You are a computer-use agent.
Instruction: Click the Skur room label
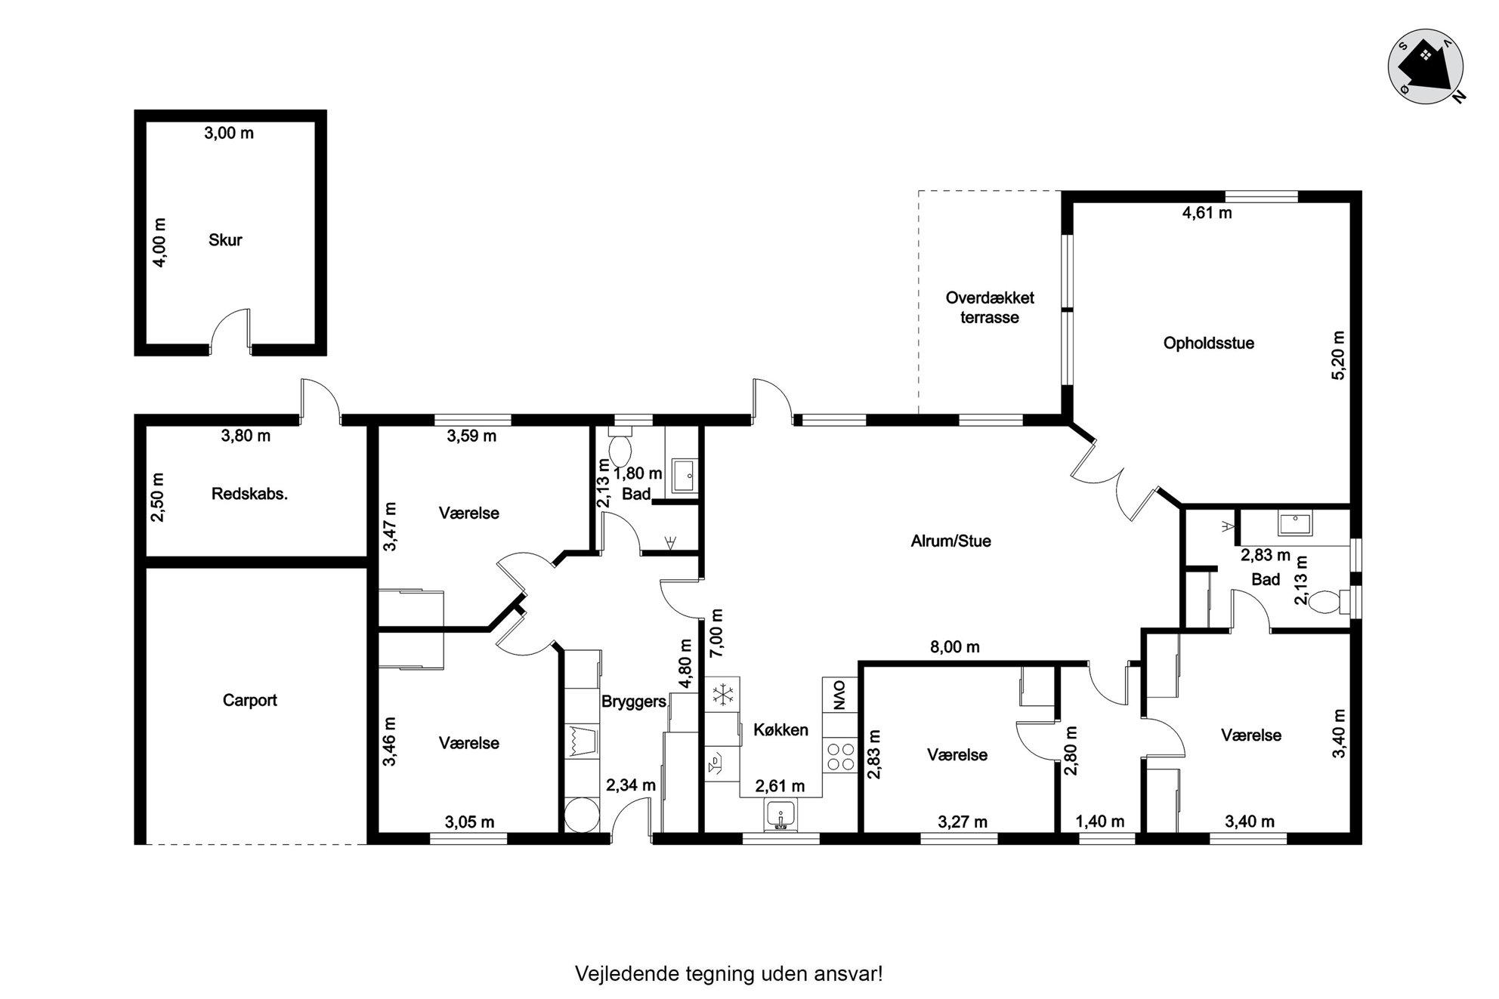click(x=225, y=240)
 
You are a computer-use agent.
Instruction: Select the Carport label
click(x=249, y=700)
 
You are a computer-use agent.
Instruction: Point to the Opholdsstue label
click(x=1208, y=343)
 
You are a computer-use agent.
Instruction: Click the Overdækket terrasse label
click(x=990, y=307)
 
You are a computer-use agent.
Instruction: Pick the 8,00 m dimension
click(x=955, y=646)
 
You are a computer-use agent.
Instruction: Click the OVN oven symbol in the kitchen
click(x=839, y=694)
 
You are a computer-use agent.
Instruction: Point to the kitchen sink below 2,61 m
click(x=780, y=816)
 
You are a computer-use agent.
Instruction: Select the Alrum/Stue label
click(x=950, y=541)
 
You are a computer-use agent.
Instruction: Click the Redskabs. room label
click(x=249, y=495)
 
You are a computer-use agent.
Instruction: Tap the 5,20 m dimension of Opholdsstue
click(x=1338, y=355)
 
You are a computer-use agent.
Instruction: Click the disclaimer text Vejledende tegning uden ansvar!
click(x=728, y=973)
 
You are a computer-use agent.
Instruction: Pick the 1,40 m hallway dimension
click(x=1099, y=822)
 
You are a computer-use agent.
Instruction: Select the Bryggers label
click(x=633, y=701)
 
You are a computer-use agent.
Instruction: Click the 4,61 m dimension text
click(x=1207, y=213)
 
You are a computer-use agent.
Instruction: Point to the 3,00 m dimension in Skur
click(x=229, y=133)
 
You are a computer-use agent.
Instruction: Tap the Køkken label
click(x=780, y=729)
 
